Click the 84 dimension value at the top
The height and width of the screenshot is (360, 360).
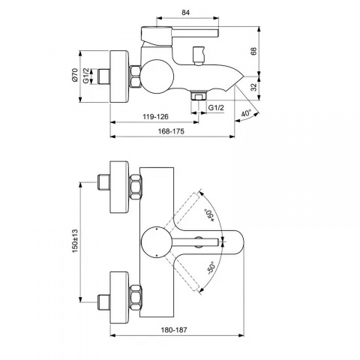coord(186,13)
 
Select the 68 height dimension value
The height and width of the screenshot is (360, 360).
coord(253,51)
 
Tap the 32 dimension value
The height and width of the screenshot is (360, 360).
coord(253,87)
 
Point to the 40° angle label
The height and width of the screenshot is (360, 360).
coord(246,113)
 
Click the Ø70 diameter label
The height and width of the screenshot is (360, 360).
coord(75,75)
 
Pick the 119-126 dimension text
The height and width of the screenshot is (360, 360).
coord(155,117)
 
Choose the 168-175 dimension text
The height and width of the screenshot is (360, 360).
coord(171,131)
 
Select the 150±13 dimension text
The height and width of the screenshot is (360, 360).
coord(76,241)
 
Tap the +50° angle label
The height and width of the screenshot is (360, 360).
coord(210,215)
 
